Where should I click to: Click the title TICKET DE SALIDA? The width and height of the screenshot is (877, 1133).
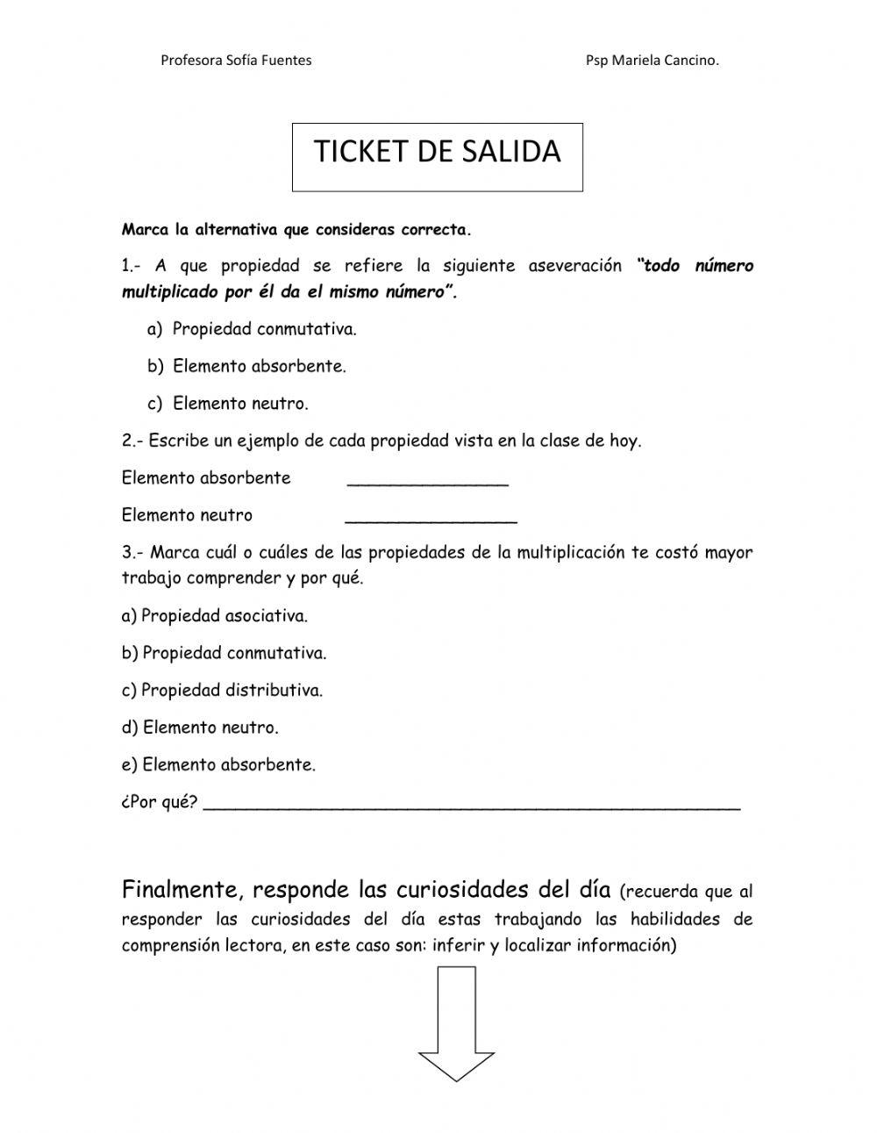(x=437, y=152)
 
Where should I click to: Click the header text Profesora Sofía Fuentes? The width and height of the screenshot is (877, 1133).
(x=236, y=61)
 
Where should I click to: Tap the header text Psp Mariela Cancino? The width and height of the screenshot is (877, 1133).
(x=652, y=61)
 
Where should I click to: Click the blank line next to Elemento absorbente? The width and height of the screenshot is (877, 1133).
(x=428, y=479)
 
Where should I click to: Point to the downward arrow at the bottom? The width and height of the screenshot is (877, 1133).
(x=456, y=1023)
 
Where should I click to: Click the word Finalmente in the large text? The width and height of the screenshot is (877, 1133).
(x=181, y=890)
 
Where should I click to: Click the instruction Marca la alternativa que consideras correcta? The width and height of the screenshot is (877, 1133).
(x=296, y=231)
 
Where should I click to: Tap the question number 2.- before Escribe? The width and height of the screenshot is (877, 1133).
(x=133, y=441)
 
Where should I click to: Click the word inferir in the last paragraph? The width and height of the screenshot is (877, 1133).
(x=459, y=946)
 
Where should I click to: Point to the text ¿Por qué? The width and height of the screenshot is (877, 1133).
(x=160, y=802)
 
